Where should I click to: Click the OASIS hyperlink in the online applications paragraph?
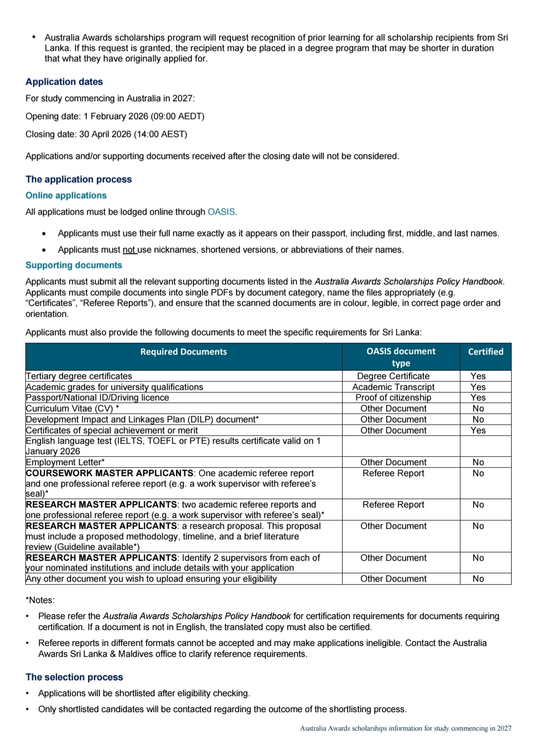(221, 212)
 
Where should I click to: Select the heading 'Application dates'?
(64, 82)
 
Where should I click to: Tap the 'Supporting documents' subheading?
(74, 265)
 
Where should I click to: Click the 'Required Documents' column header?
(183, 352)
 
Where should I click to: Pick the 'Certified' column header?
(485, 352)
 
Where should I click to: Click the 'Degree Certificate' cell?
(393, 376)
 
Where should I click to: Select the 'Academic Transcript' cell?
(393, 387)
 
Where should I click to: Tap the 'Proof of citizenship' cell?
(393, 397)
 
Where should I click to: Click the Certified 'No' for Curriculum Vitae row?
(478, 408)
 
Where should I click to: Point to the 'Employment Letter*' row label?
(65, 462)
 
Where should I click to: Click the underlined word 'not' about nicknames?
(129, 249)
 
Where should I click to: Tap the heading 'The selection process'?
(74, 677)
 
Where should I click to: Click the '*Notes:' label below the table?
(40, 600)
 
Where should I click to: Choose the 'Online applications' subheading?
(66, 195)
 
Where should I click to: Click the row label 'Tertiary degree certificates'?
(79, 376)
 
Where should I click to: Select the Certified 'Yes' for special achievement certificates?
(478, 430)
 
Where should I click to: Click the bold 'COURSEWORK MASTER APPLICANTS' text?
(109, 473)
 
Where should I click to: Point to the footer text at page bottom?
(405, 728)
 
